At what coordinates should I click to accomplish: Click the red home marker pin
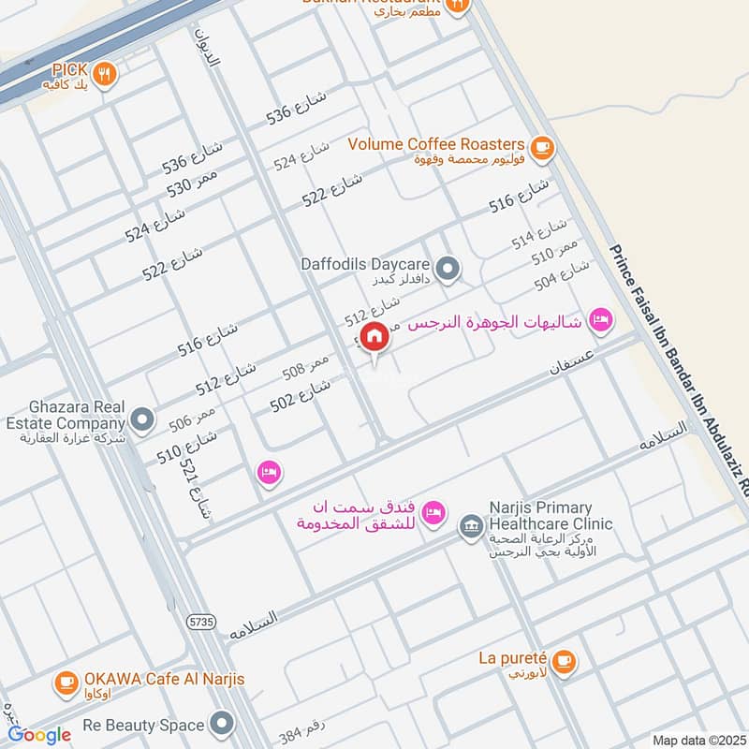pyautogui.click(x=374, y=336)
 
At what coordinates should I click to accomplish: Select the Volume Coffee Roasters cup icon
pyautogui.click(x=541, y=146)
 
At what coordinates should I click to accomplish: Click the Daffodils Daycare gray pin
pyautogui.click(x=449, y=269)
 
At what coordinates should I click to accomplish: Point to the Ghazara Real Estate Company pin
pyautogui.click(x=142, y=420)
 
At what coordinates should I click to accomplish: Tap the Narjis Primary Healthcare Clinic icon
pyautogui.click(x=469, y=528)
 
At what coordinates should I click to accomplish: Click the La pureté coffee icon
pyautogui.click(x=562, y=662)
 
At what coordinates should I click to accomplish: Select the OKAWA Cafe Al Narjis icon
pyautogui.click(x=66, y=683)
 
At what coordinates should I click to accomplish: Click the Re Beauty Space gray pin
pyautogui.click(x=222, y=724)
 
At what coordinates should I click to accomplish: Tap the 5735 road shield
pyautogui.click(x=199, y=620)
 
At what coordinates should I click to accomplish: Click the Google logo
pyautogui.click(x=39, y=735)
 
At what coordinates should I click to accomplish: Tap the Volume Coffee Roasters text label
pyautogui.click(x=435, y=144)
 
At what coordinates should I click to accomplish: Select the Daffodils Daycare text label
pyautogui.click(x=365, y=264)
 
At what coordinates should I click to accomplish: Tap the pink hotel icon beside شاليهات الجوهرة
pyautogui.click(x=601, y=321)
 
